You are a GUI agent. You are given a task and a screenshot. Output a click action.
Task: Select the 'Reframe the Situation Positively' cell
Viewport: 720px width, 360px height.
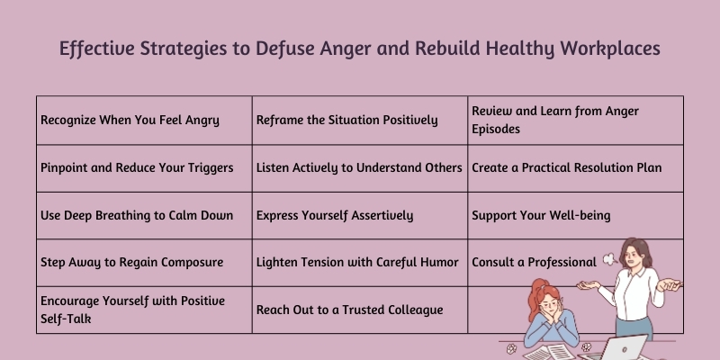tap(346, 120)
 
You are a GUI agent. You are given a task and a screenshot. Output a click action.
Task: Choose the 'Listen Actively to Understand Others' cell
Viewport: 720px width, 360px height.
tap(359, 167)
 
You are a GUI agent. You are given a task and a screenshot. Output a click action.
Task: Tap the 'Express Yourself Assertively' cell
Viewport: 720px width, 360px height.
tap(335, 215)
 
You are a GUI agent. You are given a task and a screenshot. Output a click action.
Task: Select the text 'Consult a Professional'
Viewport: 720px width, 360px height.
tap(534, 263)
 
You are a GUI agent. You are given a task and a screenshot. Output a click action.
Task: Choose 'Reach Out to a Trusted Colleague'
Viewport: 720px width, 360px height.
tap(349, 310)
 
